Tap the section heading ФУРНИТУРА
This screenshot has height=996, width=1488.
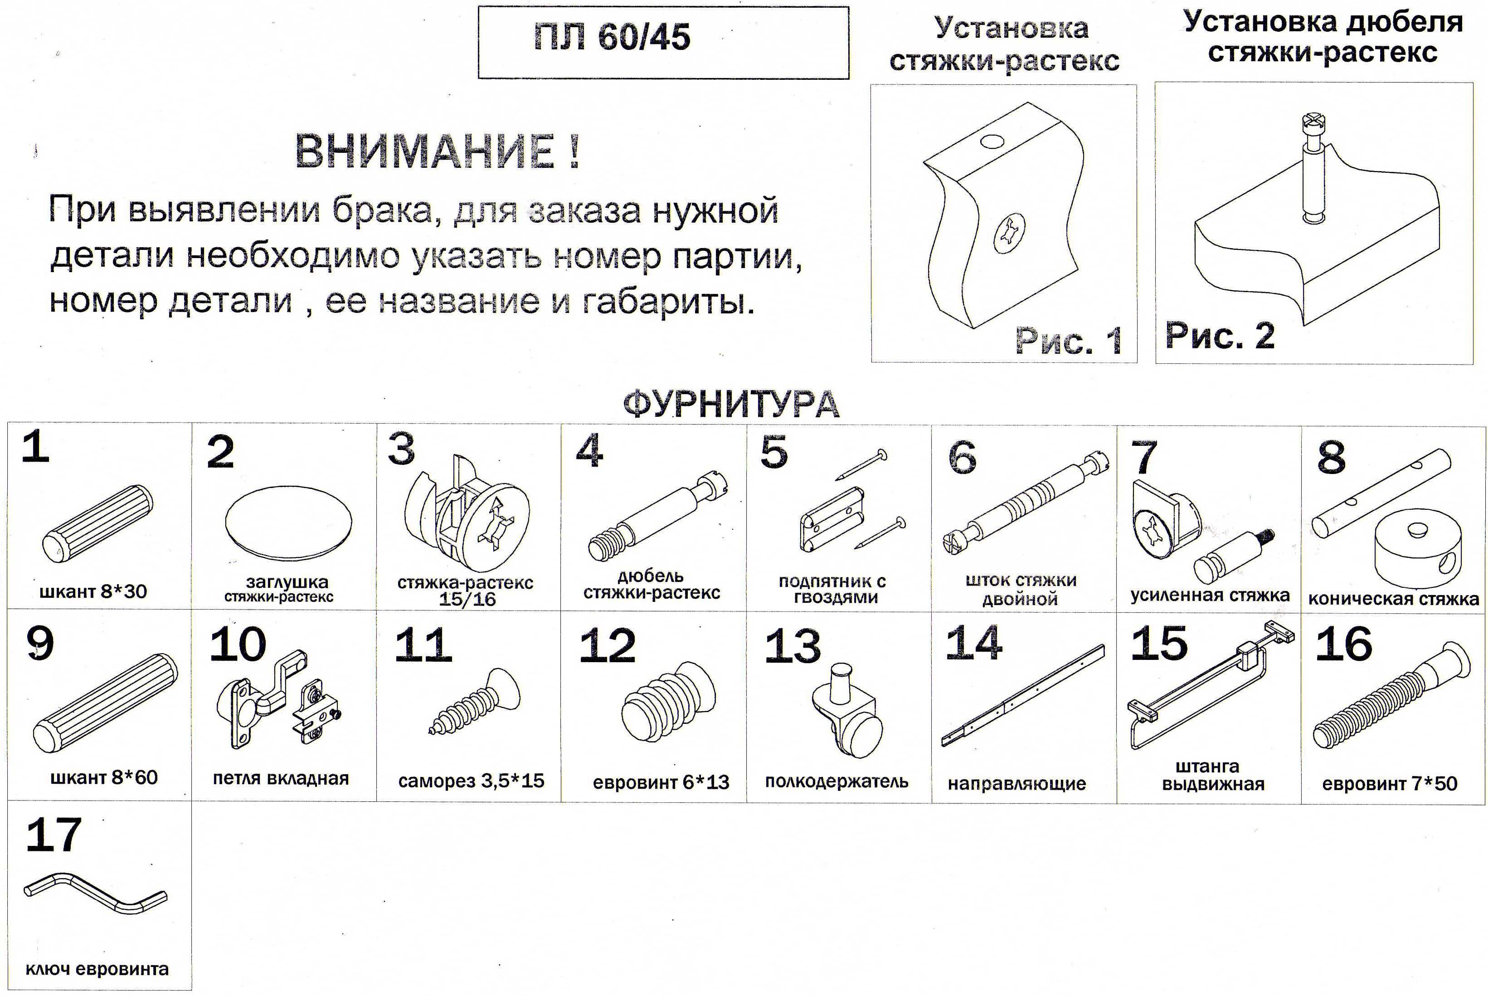click(731, 404)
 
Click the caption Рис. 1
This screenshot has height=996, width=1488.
click(1068, 341)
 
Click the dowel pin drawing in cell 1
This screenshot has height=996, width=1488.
click(97, 524)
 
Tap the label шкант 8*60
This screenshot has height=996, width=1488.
click(103, 777)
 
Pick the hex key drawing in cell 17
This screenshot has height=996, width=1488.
click(95, 893)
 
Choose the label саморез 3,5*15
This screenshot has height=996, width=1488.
click(471, 780)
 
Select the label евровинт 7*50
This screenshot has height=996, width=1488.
click(1390, 783)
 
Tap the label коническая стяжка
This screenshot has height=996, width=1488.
click(1393, 598)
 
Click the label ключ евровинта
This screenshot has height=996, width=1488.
click(97, 969)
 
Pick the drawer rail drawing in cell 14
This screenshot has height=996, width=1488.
click(1022, 696)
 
